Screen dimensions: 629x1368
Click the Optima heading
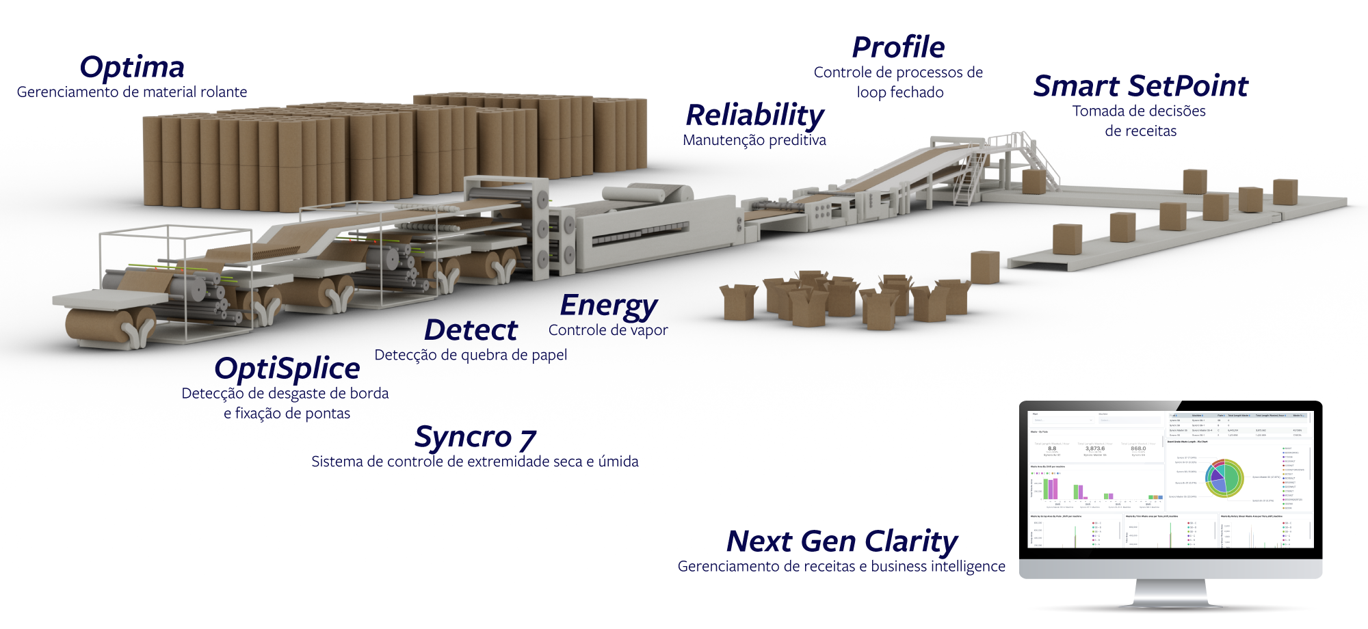pyautogui.click(x=132, y=68)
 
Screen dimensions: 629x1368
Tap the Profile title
pyautogui.click(x=898, y=48)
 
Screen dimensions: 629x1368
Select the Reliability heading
pyautogui.click(x=755, y=116)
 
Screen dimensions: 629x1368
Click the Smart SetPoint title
pyautogui.click(x=1140, y=86)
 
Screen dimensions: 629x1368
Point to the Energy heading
pyautogui.click(x=608, y=306)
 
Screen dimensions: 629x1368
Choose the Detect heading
pyautogui.click(x=471, y=330)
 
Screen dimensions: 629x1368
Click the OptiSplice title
pyautogui.click(x=287, y=369)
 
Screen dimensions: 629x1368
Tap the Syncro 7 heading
pyautogui.click(x=475, y=438)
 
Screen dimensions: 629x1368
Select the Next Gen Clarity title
pyautogui.click(x=841, y=541)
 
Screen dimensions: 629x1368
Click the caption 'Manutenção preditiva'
pyautogui.click(x=754, y=140)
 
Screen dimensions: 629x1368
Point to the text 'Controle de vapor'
pyautogui.click(x=608, y=330)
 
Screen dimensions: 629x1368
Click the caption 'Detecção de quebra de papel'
pyautogui.click(x=471, y=355)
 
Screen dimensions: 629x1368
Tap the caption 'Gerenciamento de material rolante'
pyautogui.click(x=132, y=92)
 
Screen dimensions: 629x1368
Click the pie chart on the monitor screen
pyautogui.click(x=1224, y=478)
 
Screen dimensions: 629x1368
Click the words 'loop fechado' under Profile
pyautogui.click(x=900, y=92)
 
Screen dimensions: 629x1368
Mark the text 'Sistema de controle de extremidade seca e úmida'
pyautogui.click(x=475, y=462)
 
